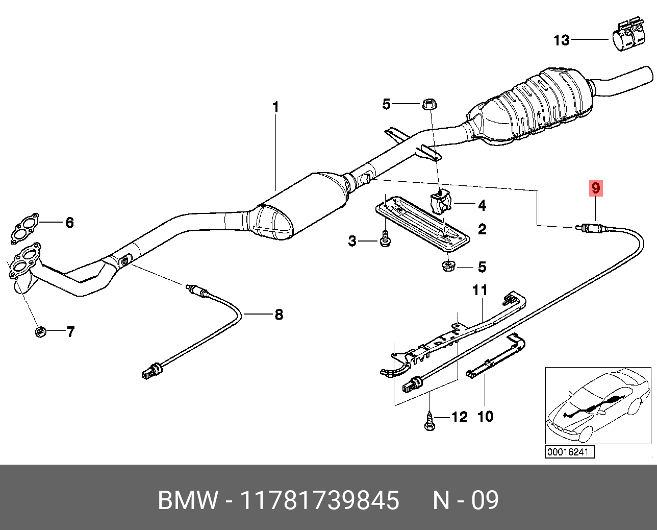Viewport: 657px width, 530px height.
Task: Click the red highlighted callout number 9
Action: point(596,188)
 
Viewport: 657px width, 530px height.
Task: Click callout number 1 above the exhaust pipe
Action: point(275,107)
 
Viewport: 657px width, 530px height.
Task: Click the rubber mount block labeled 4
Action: point(442,203)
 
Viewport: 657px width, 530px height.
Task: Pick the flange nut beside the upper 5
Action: point(429,104)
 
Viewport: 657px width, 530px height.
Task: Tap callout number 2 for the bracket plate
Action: point(482,229)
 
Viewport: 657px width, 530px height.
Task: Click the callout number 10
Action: point(485,416)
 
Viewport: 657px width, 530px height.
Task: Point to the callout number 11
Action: point(479,290)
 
